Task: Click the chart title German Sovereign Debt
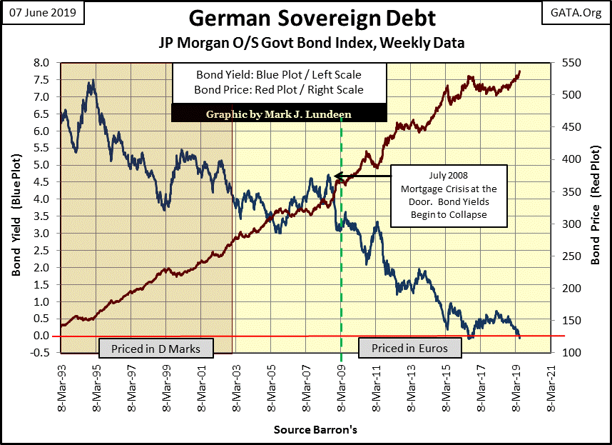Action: (307, 18)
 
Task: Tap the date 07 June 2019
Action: (44, 12)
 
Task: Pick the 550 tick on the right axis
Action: (570, 63)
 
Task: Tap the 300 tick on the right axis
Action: (570, 224)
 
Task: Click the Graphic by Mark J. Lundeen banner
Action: (279, 114)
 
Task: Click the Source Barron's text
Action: (305, 431)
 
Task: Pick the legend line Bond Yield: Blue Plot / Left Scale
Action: (279, 74)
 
